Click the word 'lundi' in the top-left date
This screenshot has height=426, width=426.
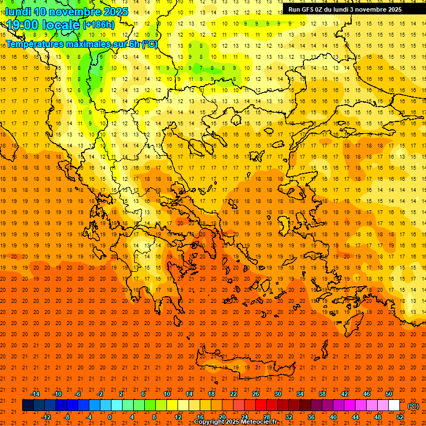(18, 12)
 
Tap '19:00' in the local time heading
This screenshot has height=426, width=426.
(23, 25)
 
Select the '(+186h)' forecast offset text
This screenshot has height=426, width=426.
(98, 25)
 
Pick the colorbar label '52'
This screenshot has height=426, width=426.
(400, 417)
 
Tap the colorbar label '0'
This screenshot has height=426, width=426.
(110, 417)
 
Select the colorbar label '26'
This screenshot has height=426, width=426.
(256, 394)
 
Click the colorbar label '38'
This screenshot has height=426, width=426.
(322, 394)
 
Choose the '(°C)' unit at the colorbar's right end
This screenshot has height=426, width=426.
(413, 406)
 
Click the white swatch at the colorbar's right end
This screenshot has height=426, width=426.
(394, 405)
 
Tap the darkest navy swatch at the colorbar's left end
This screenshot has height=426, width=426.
(28, 405)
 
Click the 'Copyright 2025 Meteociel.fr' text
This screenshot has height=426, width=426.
(235, 422)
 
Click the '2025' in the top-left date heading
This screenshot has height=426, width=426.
(114, 12)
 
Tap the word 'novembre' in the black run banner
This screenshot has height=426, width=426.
(372, 9)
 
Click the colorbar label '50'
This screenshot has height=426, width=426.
(389, 394)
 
